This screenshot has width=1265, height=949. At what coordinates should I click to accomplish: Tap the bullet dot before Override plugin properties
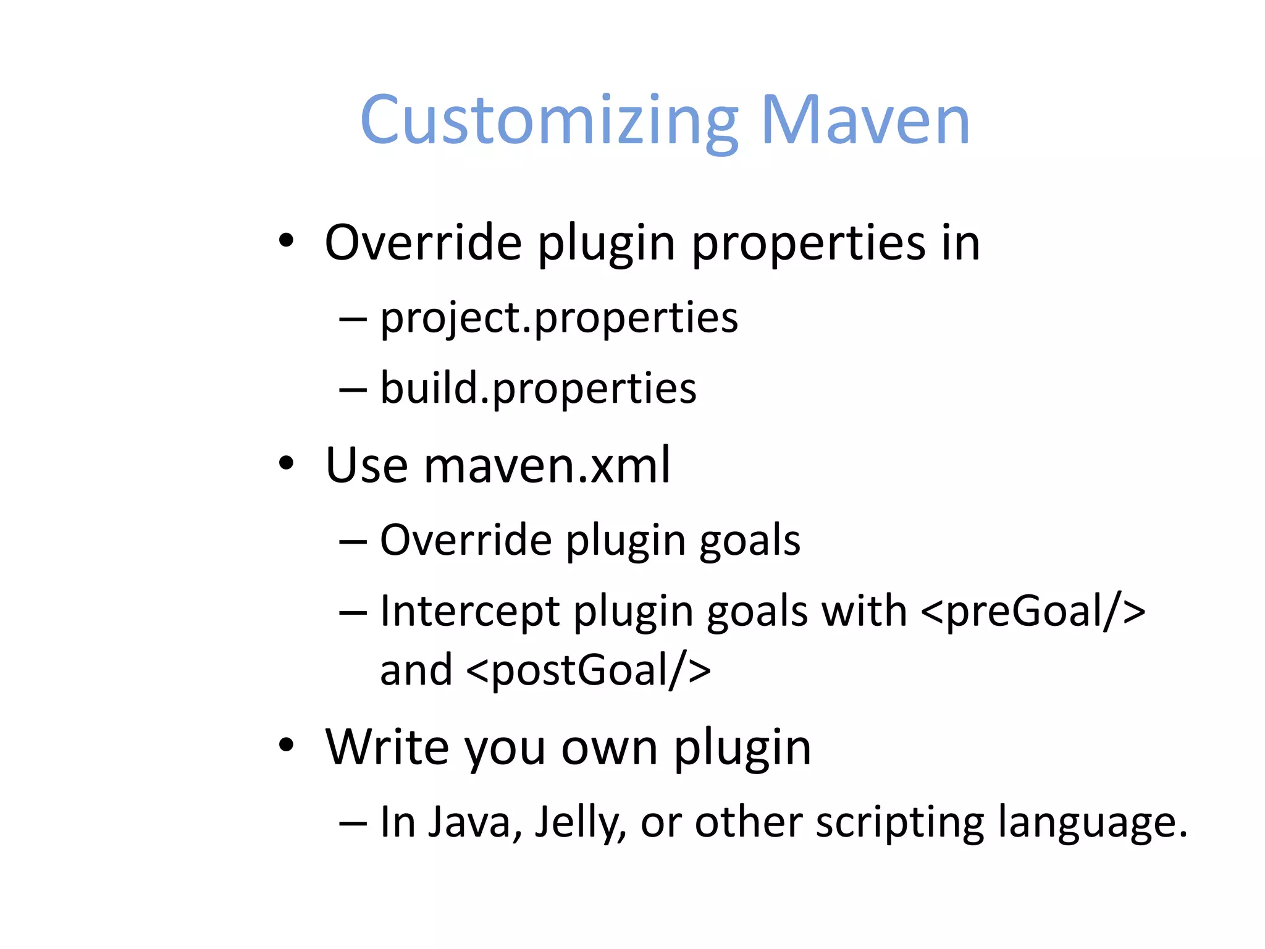(x=285, y=240)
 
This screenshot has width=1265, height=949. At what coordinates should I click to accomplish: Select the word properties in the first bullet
(x=808, y=243)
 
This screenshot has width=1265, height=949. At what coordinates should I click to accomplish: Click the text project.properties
(x=558, y=318)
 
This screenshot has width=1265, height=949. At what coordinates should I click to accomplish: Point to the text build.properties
(x=537, y=389)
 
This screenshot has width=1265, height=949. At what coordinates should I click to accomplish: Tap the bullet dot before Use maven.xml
(x=285, y=463)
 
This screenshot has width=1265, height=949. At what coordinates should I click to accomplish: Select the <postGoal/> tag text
(x=588, y=670)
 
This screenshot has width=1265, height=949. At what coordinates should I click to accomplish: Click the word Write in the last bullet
(x=387, y=747)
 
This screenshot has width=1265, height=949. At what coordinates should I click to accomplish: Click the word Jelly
(x=579, y=822)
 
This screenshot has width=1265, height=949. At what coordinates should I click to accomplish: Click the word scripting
(x=899, y=822)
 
